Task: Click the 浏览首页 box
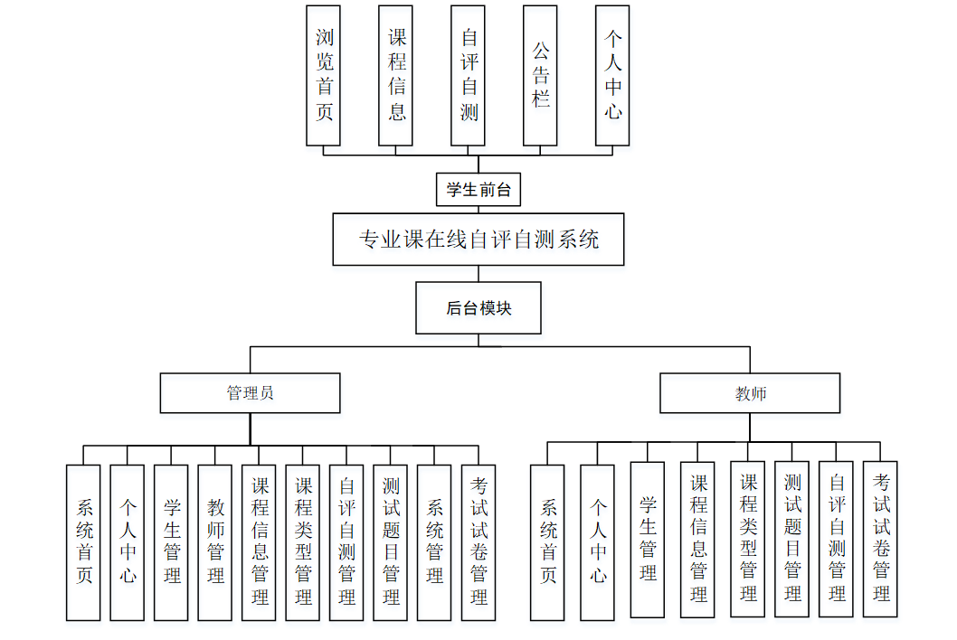(x=323, y=75)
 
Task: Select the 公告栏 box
(x=540, y=75)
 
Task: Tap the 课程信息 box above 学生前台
(x=396, y=75)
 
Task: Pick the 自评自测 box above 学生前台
(x=469, y=75)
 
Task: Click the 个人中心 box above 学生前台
(x=612, y=75)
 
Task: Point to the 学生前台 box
(x=478, y=191)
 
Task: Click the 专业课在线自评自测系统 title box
(x=478, y=240)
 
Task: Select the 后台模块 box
(x=478, y=308)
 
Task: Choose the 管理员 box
(x=250, y=393)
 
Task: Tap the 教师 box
(x=750, y=393)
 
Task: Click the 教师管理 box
(x=215, y=541)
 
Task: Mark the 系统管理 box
(x=434, y=541)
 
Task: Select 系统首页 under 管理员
(x=83, y=541)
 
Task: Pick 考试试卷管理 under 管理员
(x=478, y=541)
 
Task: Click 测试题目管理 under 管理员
(x=391, y=541)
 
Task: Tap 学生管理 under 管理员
(x=171, y=541)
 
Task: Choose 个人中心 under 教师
(x=597, y=541)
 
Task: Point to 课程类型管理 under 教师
(x=748, y=539)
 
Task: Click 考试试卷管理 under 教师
(x=880, y=539)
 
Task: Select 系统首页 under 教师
(x=547, y=541)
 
